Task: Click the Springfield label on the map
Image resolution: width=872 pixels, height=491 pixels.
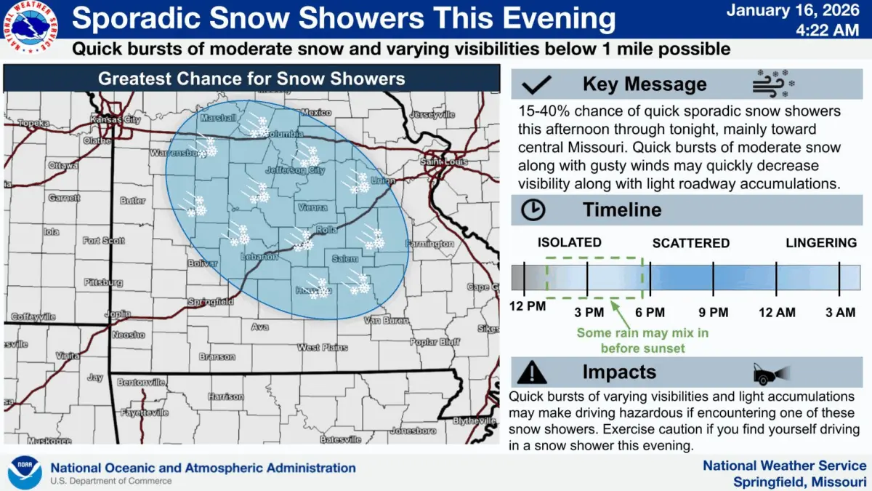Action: pyautogui.click(x=211, y=301)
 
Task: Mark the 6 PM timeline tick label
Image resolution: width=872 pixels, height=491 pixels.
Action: pyautogui.click(x=650, y=312)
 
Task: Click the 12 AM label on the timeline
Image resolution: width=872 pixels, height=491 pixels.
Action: pyautogui.click(x=777, y=312)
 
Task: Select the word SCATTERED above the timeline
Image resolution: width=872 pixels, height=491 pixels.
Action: pyautogui.click(x=690, y=243)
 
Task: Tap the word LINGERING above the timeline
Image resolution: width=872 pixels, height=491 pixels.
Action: pyautogui.click(x=821, y=243)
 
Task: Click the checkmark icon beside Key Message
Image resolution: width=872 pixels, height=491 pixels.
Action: pyautogui.click(x=538, y=84)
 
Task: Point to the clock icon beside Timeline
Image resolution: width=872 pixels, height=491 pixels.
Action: pyautogui.click(x=533, y=210)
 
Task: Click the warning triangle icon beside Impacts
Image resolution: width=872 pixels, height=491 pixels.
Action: pyautogui.click(x=534, y=372)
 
